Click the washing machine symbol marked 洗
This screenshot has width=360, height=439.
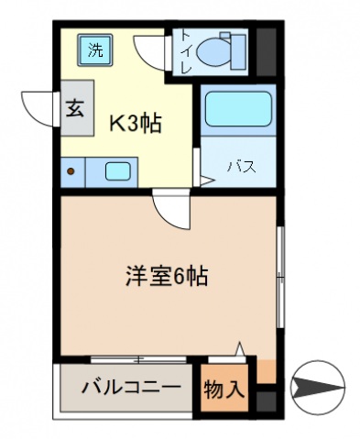(94, 50)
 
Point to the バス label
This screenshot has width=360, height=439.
(240, 167)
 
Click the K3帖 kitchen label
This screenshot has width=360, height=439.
(136, 123)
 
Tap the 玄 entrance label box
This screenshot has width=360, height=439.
(74, 108)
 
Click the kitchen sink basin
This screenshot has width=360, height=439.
(117, 170)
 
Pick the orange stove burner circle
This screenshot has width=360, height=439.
(70, 170)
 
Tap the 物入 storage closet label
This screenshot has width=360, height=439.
(224, 390)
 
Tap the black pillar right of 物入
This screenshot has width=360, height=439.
(265, 401)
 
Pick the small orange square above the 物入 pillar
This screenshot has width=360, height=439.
(265, 371)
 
